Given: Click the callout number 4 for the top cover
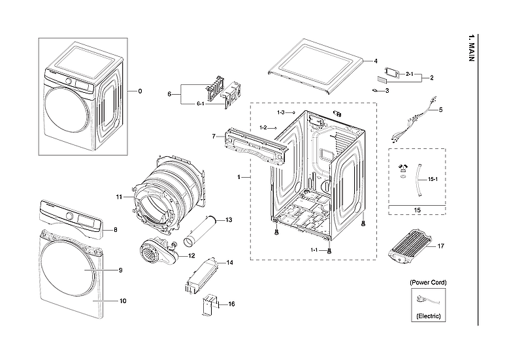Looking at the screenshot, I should click(376, 61).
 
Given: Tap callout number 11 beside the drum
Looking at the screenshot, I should click(120, 197).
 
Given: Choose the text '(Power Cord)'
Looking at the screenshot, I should click(429, 282).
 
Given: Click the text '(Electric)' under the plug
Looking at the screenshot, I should click(429, 316).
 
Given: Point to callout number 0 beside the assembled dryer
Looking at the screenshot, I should click(139, 91).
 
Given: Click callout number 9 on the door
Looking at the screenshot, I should click(121, 270).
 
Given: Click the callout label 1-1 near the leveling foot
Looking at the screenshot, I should click(314, 250).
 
